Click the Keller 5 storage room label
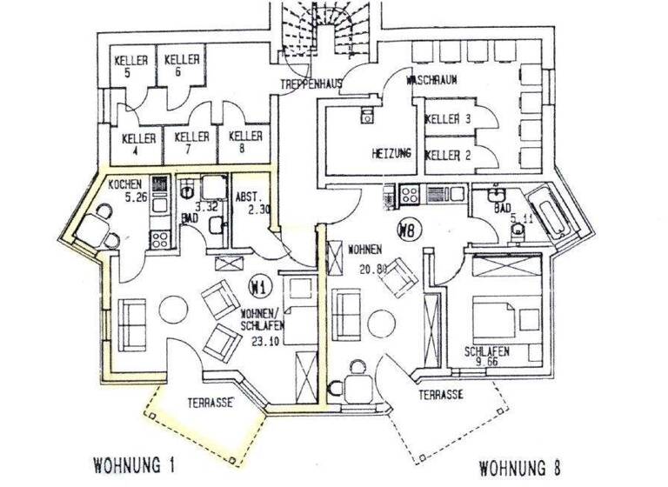[x=131, y=67]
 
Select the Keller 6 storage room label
[x=182, y=65]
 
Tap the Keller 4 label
[x=138, y=144]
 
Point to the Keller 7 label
[x=191, y=143]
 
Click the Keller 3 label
[x=448, y=123]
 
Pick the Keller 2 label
[x=448, y=156]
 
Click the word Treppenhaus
[x=309, y=84]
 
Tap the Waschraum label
[x=432, y=81]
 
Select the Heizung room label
[x=391, y=154]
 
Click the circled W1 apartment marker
[x=257, y=284]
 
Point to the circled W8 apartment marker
[x=405, y=230]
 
